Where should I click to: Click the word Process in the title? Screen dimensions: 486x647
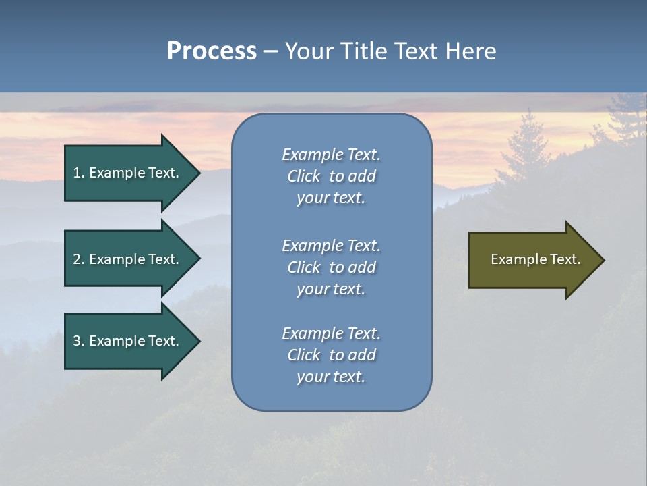pos(212,51)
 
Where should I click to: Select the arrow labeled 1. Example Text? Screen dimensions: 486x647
pos(128,173)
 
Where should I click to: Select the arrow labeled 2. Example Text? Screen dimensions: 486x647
pos(128,259)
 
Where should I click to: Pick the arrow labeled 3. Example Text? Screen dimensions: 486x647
pos(128,342)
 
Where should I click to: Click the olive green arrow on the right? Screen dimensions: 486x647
pos(532,260)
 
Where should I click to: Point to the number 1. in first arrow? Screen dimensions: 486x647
pos(79,173)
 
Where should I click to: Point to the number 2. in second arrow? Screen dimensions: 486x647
pos(79,259)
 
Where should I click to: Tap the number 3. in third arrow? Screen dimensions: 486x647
pos(79,342)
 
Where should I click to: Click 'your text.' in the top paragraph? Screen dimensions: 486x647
pos(331,198)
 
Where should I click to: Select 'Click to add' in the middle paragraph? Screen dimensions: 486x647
pos(331,268)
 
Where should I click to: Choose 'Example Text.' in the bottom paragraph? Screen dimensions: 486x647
pos(331,333)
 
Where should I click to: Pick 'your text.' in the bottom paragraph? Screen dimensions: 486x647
pos(331,377)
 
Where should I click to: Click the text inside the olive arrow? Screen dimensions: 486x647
pos(535,259)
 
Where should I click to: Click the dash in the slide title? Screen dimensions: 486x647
pos(271,51)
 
